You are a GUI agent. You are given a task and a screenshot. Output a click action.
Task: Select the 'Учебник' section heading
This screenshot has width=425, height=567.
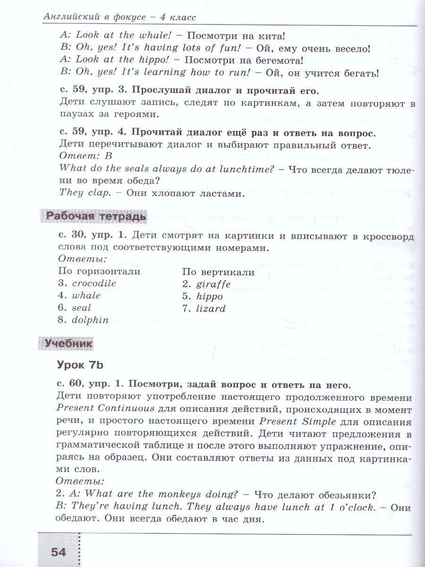(x=68, y=344)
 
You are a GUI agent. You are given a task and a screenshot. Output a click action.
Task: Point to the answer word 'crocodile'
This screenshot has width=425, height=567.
(x=94, y=283)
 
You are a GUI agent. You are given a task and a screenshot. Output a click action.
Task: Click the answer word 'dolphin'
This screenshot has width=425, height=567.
(x=90, y=320)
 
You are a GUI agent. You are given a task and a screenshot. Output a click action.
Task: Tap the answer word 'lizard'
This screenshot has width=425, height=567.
(x=210, y=309)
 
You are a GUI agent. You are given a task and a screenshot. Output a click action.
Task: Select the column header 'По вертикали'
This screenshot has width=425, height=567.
(x=218, y=272)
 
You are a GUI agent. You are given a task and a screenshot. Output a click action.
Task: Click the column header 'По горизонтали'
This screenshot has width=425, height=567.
(x=99, y=271)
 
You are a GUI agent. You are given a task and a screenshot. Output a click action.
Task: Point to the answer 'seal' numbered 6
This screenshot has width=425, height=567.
(x=81, y=308)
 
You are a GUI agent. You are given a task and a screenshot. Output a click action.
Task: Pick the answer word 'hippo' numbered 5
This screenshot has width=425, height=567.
(x=208, y=296)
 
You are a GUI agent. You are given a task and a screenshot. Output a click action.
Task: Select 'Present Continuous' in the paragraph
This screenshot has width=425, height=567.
(x=105, y=409)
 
